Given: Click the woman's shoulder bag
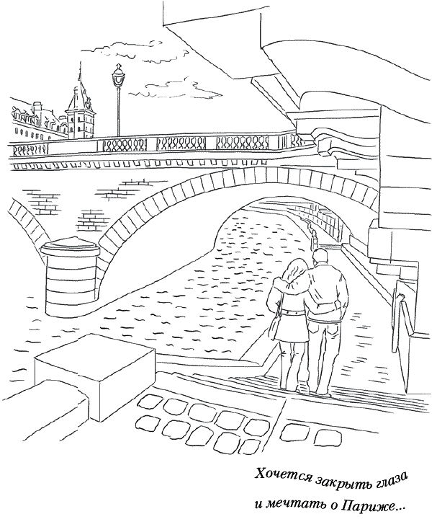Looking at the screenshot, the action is coord(275,328).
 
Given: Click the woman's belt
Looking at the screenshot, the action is coord(294,312).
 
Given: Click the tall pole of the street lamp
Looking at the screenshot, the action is coord(118,112).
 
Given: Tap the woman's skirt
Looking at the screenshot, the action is coord(294,328).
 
